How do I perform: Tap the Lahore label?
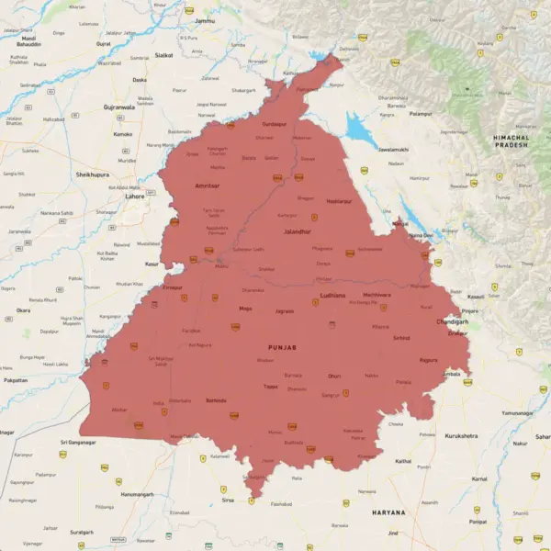[135, 196]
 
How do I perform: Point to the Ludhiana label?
[332, 296]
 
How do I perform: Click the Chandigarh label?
[454, 322]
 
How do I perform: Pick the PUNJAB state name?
[282, 348]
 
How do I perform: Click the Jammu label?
[205, 19]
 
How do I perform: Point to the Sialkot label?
[164, 54]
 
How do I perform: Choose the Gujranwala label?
[118, 107]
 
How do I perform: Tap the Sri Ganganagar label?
[78, 442]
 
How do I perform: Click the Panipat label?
[478, 520]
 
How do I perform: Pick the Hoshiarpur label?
[339, 200]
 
